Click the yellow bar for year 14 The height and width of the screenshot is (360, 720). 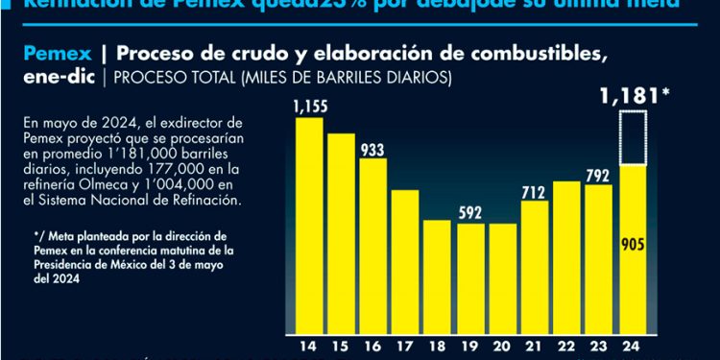[x=309, y=224]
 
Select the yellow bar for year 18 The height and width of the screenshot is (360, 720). [x=437, y=276]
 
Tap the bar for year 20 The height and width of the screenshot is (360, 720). [x=501, y=277]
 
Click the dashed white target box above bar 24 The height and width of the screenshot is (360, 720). [x=632, y=137]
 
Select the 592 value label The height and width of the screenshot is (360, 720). [x=469, y=212]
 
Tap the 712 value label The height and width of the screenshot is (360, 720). [x=535, y=191]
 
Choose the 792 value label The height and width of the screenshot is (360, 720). [x=599, y=175]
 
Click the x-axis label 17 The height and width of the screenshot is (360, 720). [x=405, y=346]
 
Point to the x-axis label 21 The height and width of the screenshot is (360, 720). [x=535, y=346]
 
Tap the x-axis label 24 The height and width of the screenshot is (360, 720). [x=632, y=346]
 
